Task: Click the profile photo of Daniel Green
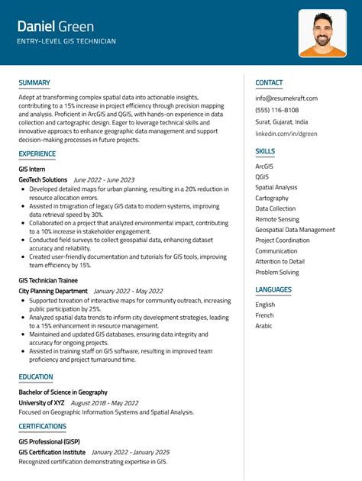[322, 33]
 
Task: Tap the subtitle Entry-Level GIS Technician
[67, 41]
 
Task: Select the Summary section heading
[34, 82]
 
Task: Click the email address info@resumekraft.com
[286, 98]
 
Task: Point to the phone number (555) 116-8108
[277, 110]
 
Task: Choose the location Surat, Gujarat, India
[282, 121]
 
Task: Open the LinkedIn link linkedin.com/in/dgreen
[286, 133]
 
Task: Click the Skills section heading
[265, 151]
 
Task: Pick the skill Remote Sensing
[277, 219]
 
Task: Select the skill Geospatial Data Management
[295, 230]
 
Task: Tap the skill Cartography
[272, 198]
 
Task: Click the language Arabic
[264, 326]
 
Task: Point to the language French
[264, 315]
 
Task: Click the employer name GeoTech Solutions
[43, 180]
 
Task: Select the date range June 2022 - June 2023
[104, 180]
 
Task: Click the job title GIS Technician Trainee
[50, 280]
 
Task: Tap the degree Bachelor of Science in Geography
[63, 392]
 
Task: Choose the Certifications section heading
[42, 426]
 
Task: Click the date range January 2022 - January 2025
[130, 452]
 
